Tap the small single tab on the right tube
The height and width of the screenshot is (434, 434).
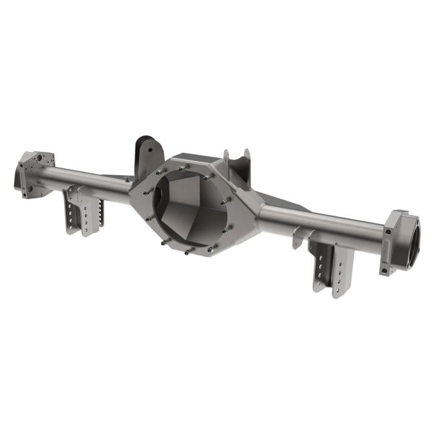coord(296,238)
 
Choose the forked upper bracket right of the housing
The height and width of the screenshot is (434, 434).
coord(237,166)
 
